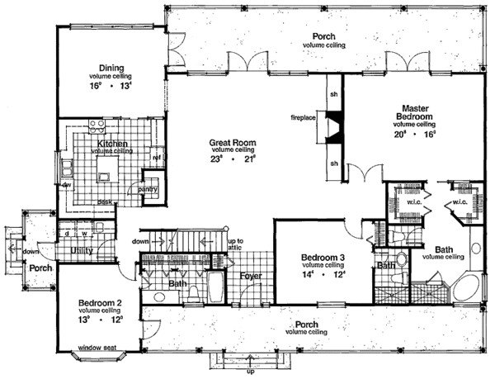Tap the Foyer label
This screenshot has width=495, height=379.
[x=251, y=276]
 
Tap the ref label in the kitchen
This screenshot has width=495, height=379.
[x=155, y=158]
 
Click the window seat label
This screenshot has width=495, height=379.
[x=97, y=348]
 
